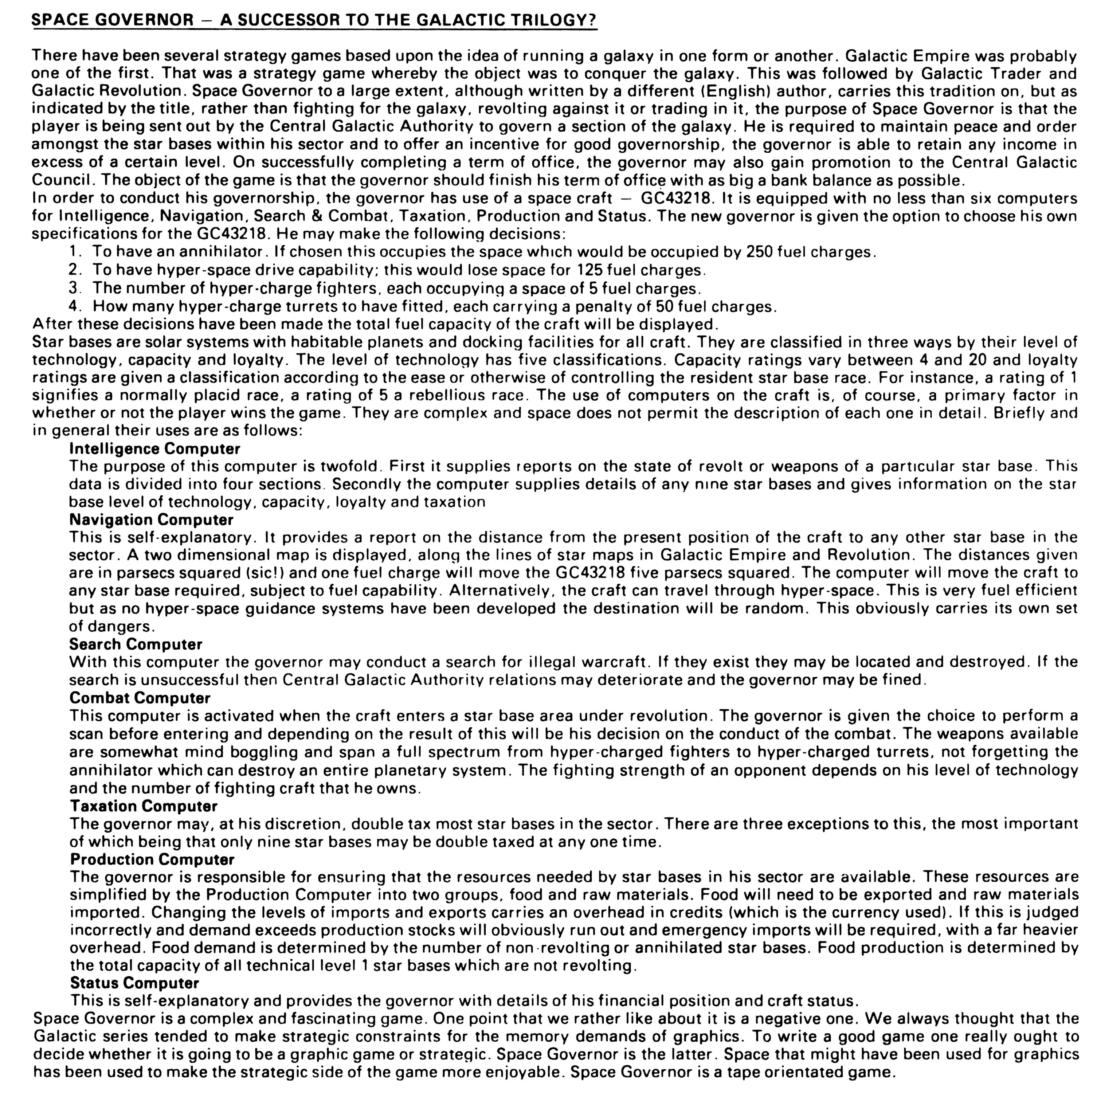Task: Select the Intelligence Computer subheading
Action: [x=154, y=448]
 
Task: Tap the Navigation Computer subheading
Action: [x=151, y=519]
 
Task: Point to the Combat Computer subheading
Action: [x=140, y=698]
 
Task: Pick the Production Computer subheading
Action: [x=152, y=859]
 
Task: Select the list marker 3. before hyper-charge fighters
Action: [x=74, y=288]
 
